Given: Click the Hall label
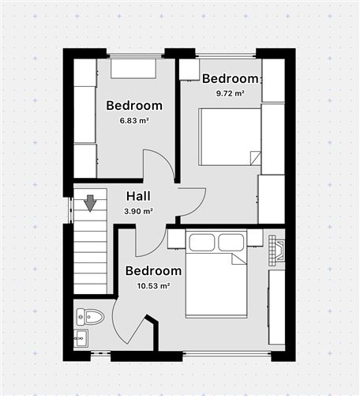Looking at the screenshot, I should pos(139,197).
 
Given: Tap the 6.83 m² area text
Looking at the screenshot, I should pos(134,121).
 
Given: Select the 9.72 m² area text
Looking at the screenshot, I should pos(231,93).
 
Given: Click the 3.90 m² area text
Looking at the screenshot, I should pos(139,211).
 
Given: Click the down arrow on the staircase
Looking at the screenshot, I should pos(91,203).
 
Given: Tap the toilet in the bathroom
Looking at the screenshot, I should pos(92,317).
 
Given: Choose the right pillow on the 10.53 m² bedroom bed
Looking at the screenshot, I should pos(232,240).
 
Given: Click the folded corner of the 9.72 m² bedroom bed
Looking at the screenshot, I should pos(253,157).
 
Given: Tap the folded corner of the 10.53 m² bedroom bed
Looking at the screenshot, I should pos(238,259).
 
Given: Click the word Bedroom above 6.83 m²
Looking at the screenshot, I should pos(134,106).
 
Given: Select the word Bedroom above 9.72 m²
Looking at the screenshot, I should pos(231,78).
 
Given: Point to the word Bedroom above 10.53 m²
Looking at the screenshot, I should pos(153,271).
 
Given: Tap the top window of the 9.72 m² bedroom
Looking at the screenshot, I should pos(225,55).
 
